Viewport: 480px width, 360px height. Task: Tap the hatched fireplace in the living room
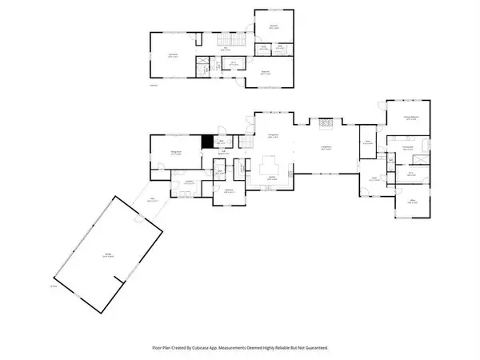(325, 123)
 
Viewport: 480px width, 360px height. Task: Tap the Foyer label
(374, 178)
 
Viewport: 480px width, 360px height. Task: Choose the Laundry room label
(190, 183)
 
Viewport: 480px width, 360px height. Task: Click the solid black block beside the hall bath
(208, 141)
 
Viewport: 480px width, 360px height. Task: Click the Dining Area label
(272, 137)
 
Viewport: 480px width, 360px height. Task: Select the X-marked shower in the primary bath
(419, 173)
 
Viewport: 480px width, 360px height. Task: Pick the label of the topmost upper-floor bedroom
(274, 28)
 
